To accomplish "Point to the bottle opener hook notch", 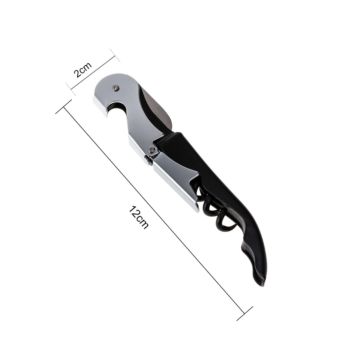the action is tap(114, 109).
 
